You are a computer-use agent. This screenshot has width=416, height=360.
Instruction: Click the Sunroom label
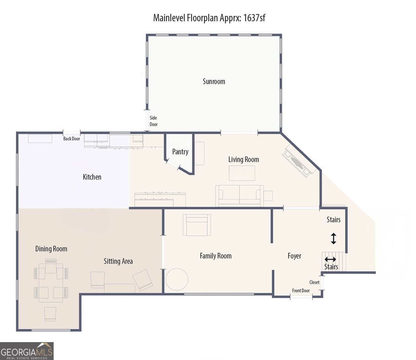[214, 81]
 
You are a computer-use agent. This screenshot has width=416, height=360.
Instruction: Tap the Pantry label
[180, 152]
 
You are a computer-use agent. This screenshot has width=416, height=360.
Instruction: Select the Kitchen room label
[92, 177]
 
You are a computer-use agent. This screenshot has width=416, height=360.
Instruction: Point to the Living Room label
[243, 160]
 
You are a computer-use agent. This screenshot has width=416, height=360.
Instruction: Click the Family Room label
[215, 256]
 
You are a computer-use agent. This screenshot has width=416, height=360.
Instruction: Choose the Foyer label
[294, 256]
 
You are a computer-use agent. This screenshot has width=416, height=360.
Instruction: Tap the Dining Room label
[51, 249]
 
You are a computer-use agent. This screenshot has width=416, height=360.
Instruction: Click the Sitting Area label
[118, 261]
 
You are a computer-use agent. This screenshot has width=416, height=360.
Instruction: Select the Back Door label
[71, 139]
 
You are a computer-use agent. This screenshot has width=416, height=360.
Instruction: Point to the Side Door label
[153, 121]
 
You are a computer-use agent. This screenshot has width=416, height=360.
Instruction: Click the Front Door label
[301, 290]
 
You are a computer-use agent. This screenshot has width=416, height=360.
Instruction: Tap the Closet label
[314, 282]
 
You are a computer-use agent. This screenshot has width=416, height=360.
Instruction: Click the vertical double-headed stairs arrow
[333, 238]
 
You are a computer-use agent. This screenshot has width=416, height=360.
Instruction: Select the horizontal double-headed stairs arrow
[330, 259]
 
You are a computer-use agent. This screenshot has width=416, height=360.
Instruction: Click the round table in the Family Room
[177, 279]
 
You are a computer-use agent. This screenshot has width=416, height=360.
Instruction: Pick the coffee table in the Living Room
[242, 173]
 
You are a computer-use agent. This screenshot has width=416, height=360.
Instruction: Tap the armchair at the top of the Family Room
[197, 225]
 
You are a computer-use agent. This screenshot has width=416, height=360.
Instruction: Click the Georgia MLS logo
[27, 351]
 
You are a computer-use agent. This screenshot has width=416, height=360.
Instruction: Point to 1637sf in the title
[254, 18]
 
